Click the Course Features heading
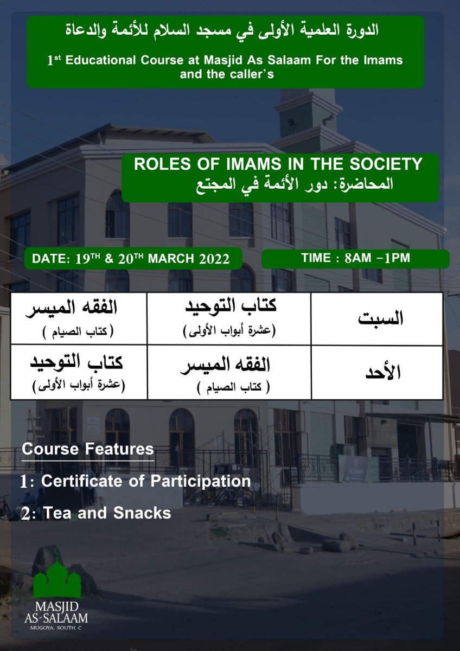[87, 450]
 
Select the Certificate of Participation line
[136, 481]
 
